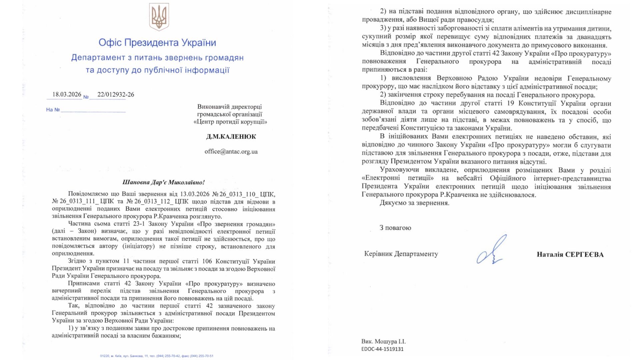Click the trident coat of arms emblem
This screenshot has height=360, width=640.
coord(159,17)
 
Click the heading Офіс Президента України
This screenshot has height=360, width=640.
coord(157,43)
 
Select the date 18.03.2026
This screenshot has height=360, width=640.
coord(67,94)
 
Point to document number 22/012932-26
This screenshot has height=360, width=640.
coord(116,94)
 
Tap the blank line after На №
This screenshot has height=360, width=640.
coord(93,110)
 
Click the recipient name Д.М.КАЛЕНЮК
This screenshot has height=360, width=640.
coord(231,136)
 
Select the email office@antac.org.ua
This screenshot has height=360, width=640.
coord(231,151)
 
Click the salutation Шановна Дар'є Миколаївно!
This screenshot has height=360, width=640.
coord(163,182)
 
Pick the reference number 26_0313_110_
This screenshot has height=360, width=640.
coord(237,194)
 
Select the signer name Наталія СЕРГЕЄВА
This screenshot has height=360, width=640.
coord(570,255)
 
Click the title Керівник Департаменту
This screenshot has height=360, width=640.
coord(401,254)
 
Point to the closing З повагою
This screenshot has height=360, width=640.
coord(395,228)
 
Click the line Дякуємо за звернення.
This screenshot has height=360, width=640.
coord(414,203)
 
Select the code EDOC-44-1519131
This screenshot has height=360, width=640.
coord(382,349)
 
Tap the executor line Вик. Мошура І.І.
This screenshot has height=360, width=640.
coord(383,341)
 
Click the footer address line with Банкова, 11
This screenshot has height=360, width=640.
coord(157,356)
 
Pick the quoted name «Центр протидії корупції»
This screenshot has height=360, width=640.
coord(230,122)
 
